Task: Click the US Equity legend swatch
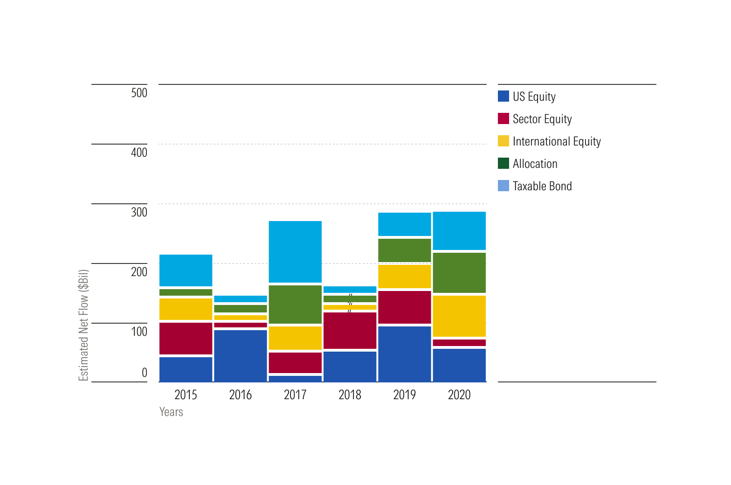pos(503,96)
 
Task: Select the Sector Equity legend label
pos(542,119)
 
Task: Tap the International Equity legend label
pos(557,141)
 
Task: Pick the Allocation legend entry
pos(535,164)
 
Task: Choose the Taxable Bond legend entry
pos(542,186)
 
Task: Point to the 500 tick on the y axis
pos(139,93)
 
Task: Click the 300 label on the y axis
pos(139,212)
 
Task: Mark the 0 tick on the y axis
pos(144,373)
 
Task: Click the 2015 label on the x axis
pos(186,395)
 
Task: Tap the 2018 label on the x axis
pos(350,395)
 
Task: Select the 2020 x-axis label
pos(459,395)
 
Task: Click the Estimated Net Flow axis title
pos(83,325)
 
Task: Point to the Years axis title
pos(171,412)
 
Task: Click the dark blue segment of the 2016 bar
pos(241,356)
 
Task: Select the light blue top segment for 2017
pos(295,251)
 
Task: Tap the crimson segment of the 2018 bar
pos(350,330)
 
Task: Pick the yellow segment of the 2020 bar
pos(459,316)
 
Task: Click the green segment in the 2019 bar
pos(405,250)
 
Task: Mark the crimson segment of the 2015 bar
pos(186,338)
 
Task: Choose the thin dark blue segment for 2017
pos(295,379)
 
